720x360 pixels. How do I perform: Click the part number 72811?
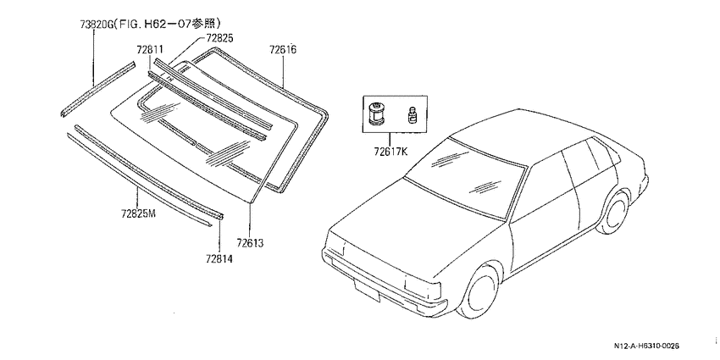click(150, 50)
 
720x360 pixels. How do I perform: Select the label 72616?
click(282, 49)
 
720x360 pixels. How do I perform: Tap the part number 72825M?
click(139, 213)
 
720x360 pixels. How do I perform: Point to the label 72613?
click(251, 242)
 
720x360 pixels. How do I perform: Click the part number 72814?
click(219, 259)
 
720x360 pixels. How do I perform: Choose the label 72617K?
click(390, 151)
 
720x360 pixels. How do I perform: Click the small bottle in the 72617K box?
click(412, 114)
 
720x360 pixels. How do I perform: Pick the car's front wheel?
click(479, 291)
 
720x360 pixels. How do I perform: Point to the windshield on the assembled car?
click(465, 177)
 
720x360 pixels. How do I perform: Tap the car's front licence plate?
click(367, 290)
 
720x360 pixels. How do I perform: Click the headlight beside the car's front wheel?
click(423, 287)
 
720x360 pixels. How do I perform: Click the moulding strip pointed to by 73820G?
click(97, 88)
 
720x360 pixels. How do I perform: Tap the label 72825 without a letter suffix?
click(219, 39)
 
